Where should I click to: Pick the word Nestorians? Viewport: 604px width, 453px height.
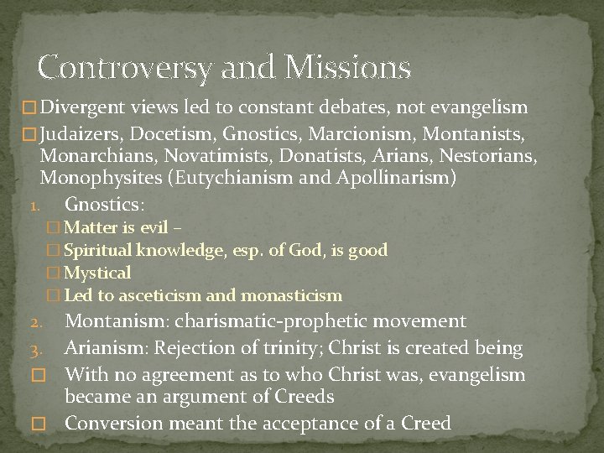point(487,155)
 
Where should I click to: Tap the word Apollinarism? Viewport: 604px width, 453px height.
point(394,178)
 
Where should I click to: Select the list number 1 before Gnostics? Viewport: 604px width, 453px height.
point(33,206)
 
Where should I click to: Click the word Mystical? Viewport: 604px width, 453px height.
point(97,273)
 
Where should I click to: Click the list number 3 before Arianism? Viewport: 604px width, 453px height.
point(34,349)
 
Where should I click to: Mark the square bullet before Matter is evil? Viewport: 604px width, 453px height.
point(55,227)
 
